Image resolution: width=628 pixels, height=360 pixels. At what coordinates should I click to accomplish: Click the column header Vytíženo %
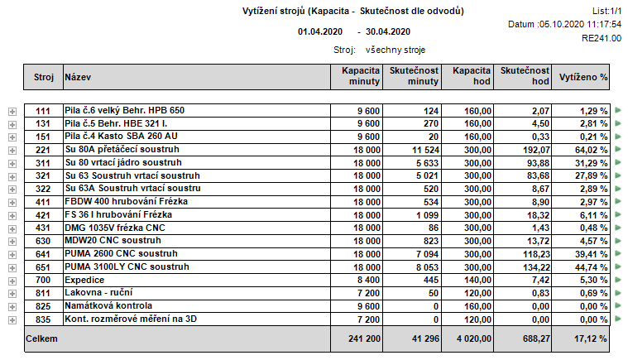pos(583,77)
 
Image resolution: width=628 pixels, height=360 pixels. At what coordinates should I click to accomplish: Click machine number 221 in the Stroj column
pos(43,150)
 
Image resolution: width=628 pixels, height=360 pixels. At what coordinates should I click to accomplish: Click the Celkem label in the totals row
pos(42,338)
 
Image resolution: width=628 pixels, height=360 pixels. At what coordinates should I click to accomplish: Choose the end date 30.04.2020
pos(388,32)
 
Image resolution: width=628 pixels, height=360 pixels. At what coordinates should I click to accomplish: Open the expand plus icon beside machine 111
pos(12,111)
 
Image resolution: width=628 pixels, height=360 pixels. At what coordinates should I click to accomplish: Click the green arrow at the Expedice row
pos(616,280)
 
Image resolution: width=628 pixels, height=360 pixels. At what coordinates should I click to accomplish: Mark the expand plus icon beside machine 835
pos(12,319)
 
